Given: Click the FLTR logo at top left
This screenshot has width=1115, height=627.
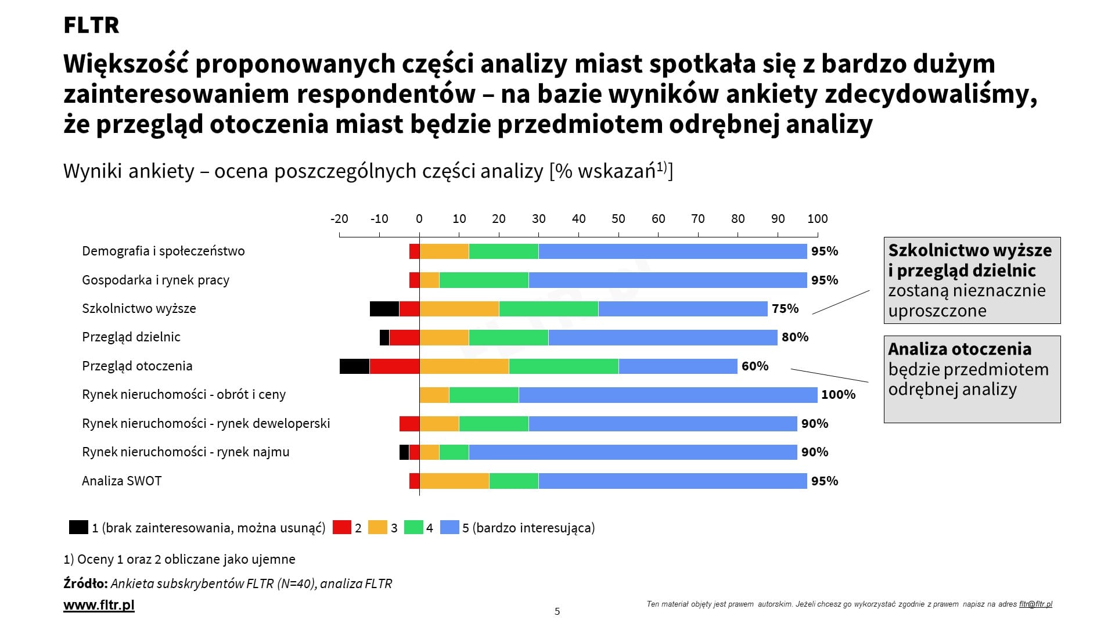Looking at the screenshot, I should click(x=91, y=25).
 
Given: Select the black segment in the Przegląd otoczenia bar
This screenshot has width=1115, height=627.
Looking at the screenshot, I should click(x=354, y=366).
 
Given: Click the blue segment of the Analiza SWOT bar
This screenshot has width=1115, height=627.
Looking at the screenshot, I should click(x=672, y=481).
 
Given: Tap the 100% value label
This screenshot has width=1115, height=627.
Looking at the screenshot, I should click(x=838, y=395).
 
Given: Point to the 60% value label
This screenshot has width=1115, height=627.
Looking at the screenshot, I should click(x=755, y=366).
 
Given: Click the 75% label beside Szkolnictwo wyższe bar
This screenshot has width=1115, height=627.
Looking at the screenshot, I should click(x=785, y=309).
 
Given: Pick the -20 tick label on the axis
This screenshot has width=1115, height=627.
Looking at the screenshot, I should click(x=339, y=219).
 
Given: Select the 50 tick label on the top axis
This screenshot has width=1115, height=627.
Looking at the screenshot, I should click(x=618, y=219).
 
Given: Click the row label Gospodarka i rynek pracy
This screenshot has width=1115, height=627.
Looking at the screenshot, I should click(x=156, y=280).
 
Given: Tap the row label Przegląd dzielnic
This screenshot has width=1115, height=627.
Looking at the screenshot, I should click(x=131, y=337).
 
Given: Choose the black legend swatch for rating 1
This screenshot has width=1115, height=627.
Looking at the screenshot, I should click(x=78, y=527).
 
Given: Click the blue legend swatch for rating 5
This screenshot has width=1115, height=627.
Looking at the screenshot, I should click(x=450, y=527).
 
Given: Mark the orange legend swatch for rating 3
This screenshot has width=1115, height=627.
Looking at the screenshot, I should click(x=377, y=527).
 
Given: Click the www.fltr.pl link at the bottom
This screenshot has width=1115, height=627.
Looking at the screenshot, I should click(x=99, y=605).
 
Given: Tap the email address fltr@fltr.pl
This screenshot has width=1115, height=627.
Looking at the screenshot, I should click(x=1035, y=604).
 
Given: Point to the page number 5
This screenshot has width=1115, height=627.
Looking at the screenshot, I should click(x=557, y=611).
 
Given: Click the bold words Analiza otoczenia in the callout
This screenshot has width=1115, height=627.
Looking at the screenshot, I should click(x=959, y=349).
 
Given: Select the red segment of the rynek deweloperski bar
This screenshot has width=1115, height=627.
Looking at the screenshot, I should click(x=409, y=424).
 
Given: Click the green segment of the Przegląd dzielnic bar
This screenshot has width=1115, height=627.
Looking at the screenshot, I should click(x=508, y=337).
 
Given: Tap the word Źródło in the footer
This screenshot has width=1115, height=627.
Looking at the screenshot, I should click(x=85, y=583).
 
